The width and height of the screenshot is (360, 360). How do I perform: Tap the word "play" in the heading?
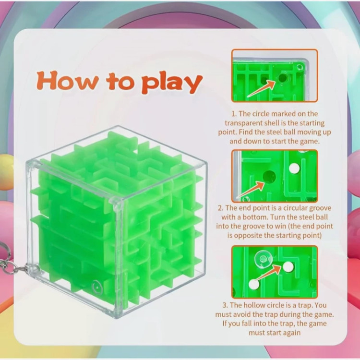tap(172, 83)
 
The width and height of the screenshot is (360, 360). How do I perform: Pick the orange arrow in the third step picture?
tap(268, 273)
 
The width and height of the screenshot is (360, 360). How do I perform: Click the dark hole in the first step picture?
tap(283, 78)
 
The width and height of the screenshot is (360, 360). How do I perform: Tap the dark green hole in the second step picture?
tap(269, 176)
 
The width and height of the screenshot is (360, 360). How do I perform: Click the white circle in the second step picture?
tap(294, 168)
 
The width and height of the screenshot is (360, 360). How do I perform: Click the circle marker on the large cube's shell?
tap(97, 287)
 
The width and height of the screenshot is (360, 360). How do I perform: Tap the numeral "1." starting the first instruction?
tap(234, 114)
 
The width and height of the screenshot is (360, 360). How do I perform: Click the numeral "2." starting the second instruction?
tap(221, 208)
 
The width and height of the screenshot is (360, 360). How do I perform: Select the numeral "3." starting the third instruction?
tap(225, 305)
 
